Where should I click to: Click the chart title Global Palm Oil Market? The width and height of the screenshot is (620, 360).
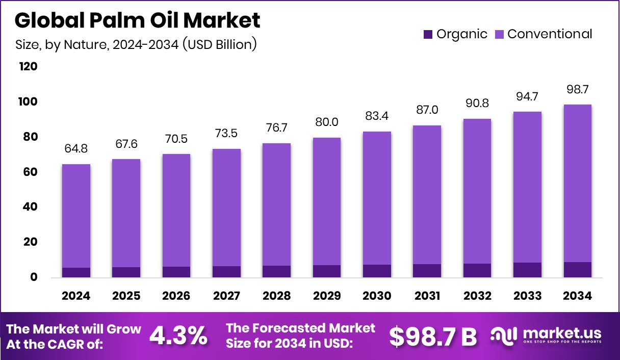tap(137, 20)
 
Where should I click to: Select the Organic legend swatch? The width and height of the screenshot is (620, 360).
tap(427, 35)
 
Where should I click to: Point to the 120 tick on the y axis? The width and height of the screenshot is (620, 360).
tap(28, 67)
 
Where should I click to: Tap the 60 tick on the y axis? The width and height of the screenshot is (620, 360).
tap(29, 172)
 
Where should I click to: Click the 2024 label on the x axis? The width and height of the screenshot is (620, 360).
tap(76, 296)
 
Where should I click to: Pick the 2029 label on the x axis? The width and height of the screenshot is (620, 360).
tap(326, 296)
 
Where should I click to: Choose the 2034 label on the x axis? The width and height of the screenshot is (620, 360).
tap(577, 296)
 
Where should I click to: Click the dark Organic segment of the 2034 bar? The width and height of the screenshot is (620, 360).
tap(577, 270)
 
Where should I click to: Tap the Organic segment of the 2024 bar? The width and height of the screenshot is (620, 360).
tap(76, 272)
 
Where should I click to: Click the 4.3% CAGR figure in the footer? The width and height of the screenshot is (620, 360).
tap(178, 336)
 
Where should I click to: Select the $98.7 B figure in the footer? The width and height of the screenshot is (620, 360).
tap(433, 336)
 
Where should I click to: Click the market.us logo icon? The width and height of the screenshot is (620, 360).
tap(505, 336)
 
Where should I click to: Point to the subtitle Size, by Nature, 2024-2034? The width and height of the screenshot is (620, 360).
tap(136, 44)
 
